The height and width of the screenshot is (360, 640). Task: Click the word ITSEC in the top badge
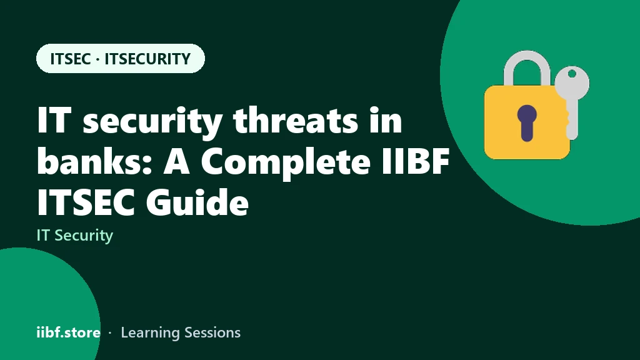point(70,59)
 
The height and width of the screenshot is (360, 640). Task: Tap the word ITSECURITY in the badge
point(147,59)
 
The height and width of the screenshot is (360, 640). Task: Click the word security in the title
point(152,121)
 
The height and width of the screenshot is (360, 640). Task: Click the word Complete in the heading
point(286,162)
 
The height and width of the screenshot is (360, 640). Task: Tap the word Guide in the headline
point(197,202)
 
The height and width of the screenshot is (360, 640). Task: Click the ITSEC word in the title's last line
point(86,202)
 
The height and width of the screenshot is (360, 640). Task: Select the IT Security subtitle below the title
point(75,236)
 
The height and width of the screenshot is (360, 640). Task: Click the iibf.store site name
point(68,332)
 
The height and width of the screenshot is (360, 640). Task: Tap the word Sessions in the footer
point(212,332)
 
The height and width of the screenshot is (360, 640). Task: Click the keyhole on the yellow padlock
point(526,122)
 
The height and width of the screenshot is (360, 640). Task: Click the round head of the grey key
point(572,82)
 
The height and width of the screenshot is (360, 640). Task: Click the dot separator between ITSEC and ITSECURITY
point(97,59)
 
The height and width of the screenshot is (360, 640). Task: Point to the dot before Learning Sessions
point(110,333)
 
